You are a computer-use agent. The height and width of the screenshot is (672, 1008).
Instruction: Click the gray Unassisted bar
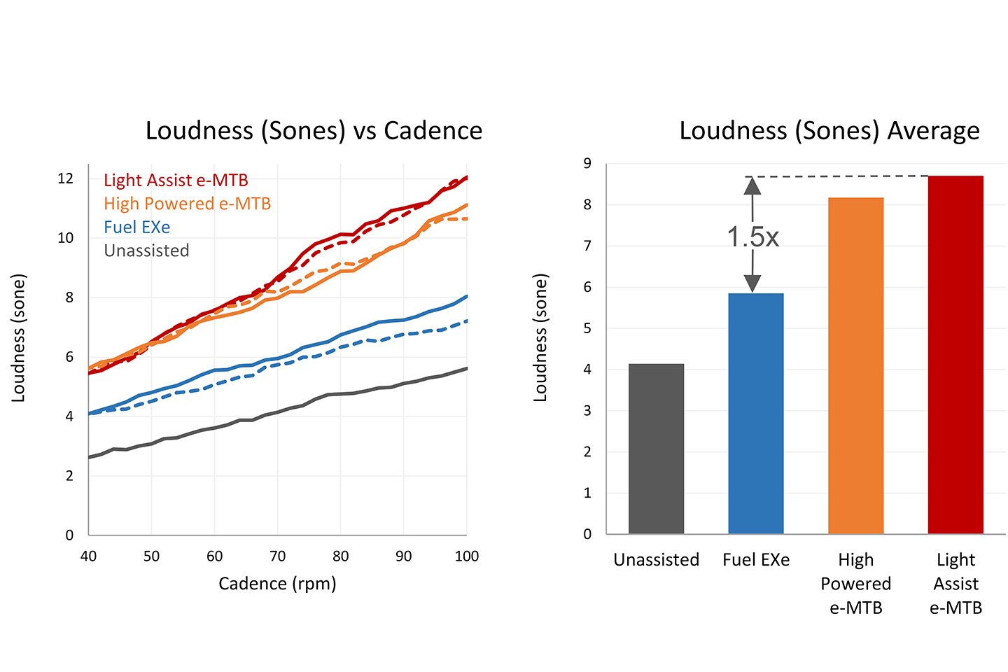656,449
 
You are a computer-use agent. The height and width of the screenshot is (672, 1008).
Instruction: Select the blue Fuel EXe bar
756,413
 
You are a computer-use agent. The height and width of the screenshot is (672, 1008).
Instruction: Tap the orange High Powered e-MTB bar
855,365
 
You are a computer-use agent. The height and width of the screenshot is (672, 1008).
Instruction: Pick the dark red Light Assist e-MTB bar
955,354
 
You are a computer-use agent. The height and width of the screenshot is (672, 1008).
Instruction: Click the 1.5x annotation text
752,237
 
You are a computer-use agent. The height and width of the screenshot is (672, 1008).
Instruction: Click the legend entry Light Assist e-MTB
176,181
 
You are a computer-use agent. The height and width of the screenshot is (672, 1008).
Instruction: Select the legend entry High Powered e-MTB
187,204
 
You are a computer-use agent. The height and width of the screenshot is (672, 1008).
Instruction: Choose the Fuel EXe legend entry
136,227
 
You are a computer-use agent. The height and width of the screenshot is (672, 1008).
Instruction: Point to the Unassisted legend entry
146,251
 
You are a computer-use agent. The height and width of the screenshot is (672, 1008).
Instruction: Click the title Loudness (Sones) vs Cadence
314,131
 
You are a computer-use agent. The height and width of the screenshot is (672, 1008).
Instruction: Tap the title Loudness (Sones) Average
829,131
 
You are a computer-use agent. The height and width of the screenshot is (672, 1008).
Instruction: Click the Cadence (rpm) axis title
277,584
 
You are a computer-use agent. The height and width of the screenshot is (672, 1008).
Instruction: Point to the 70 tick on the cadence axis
277,556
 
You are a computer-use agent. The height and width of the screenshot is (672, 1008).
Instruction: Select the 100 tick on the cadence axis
467,556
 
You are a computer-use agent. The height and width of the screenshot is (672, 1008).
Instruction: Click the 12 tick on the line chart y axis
65,178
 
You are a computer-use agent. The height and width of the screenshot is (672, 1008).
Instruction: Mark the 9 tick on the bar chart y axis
587,164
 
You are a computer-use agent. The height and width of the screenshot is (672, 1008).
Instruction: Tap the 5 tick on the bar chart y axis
587,328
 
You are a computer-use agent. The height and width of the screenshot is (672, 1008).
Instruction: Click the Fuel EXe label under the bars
756,560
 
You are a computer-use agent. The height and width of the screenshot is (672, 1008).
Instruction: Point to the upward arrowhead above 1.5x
752,185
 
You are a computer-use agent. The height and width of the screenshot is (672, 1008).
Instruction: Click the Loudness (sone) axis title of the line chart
18,338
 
